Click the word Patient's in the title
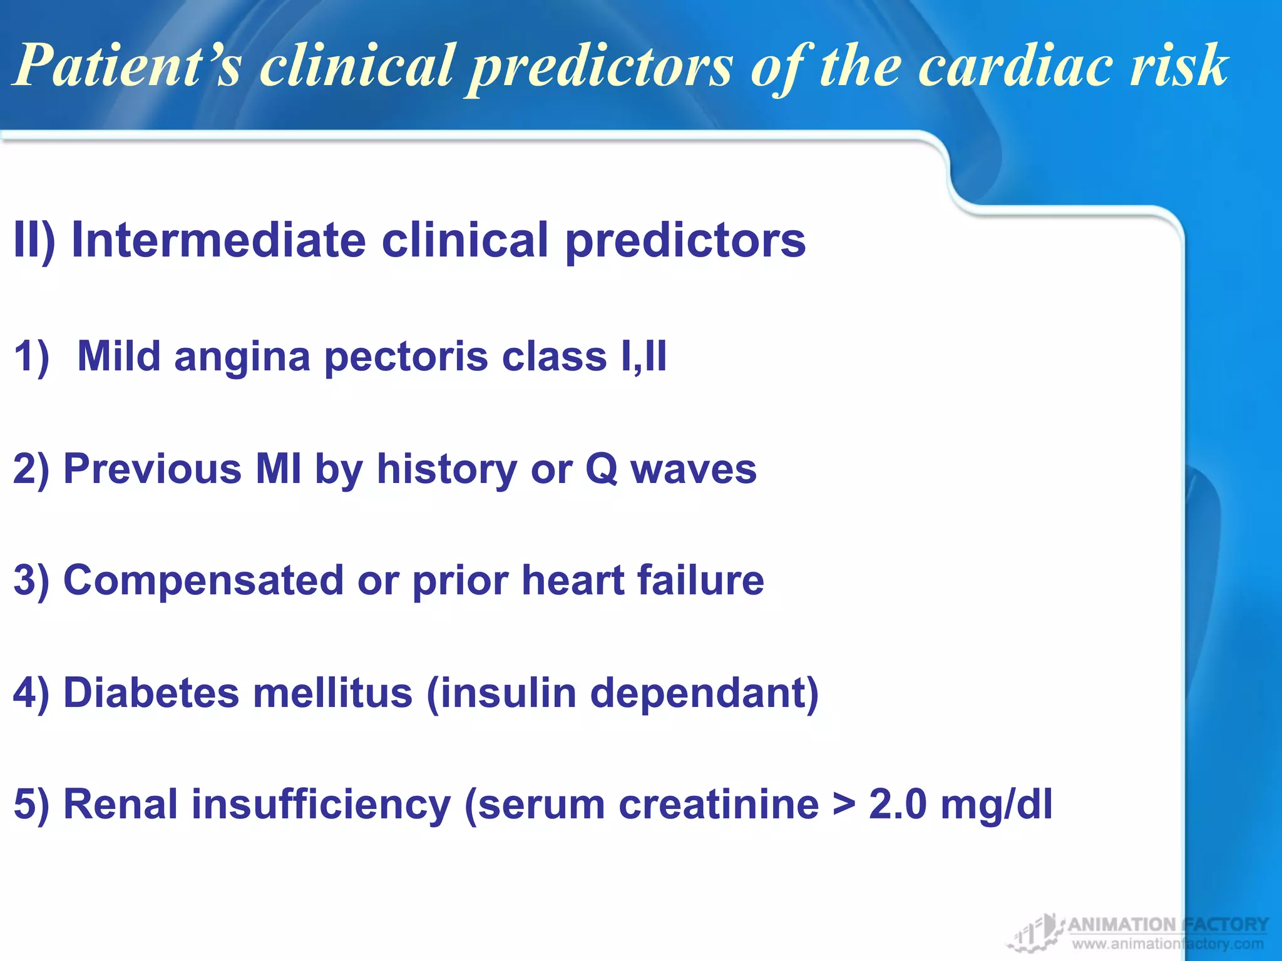(x=128, y=66)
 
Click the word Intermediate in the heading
(x=218, y=240)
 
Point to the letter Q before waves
(x=601, y=469)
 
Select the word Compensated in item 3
(x=203, y=581)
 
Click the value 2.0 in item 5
(x=898, y=805)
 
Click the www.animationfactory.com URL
(x=1167, y=944)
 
